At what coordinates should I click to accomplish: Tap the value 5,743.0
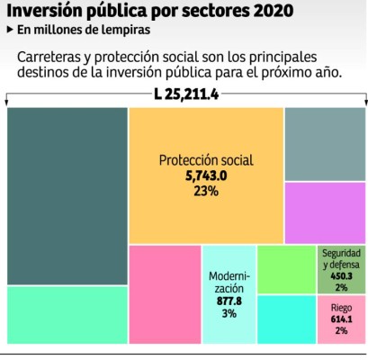(x=206, y=177)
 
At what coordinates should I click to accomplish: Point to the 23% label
(x=206, y=192)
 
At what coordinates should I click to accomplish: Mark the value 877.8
(x=229, y=301)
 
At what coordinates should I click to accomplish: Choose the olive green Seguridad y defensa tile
(x=342, y=270)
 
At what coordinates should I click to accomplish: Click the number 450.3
(x=342, y=276)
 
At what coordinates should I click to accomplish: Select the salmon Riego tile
(x=342, y=319)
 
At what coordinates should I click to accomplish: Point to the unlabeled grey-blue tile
(x=325, y=144)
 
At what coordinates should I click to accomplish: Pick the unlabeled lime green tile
(x=286, y=269)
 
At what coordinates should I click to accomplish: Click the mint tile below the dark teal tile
(x=67, y=314)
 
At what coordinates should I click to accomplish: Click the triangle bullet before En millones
(x=9, y=30)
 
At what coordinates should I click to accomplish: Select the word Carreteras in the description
(x=55, y=56)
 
